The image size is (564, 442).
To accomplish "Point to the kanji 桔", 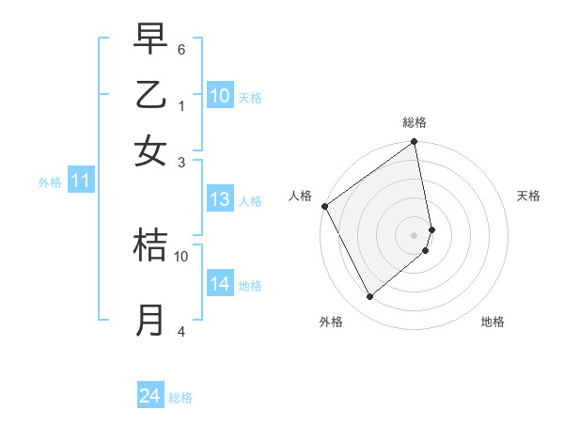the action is point(150,245).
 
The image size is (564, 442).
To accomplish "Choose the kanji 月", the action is point(150,320).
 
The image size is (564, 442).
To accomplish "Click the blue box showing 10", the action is point(220,96).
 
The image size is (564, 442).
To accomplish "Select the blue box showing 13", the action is point(220,199).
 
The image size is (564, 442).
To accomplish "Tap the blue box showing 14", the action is point(220,284).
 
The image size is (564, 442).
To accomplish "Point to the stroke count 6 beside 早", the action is point(180,48).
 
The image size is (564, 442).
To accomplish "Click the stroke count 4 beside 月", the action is point(180,331).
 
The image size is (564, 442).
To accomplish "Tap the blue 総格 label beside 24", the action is point(180,398).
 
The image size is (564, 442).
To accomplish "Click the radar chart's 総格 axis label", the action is point(415,122).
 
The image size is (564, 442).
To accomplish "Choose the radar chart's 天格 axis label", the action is point(529,196).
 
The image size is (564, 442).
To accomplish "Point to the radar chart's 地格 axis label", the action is point(493,323).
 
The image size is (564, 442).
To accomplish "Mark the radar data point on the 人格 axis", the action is point(324,206).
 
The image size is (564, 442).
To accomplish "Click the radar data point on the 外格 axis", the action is point(369,297).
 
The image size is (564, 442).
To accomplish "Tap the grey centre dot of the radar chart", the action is point(415,235).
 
